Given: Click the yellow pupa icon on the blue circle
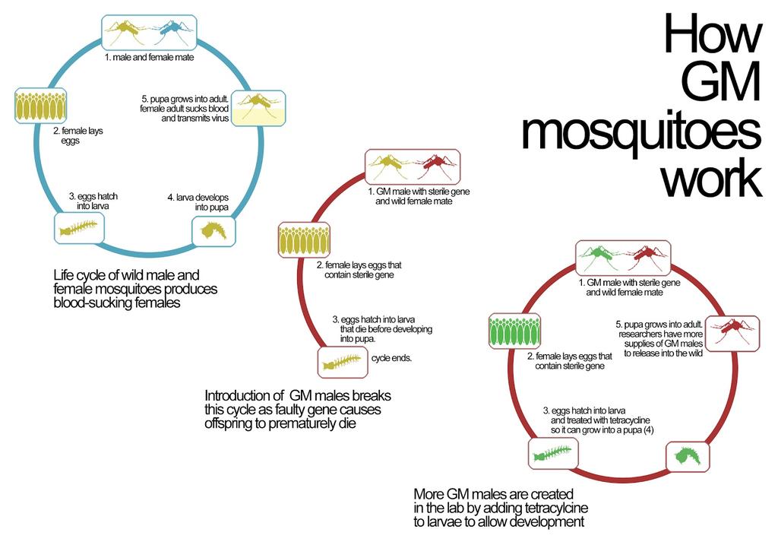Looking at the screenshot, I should click(213, 230).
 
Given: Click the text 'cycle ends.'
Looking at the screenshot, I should click(391, 357).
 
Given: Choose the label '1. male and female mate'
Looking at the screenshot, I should click(148, 58).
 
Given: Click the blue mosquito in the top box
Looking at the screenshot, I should click(172, 32).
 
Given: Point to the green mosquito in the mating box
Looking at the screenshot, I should click(601, 258).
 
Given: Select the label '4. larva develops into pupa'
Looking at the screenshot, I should click(198, 202).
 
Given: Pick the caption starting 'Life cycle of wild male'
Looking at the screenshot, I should click(134, 288).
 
